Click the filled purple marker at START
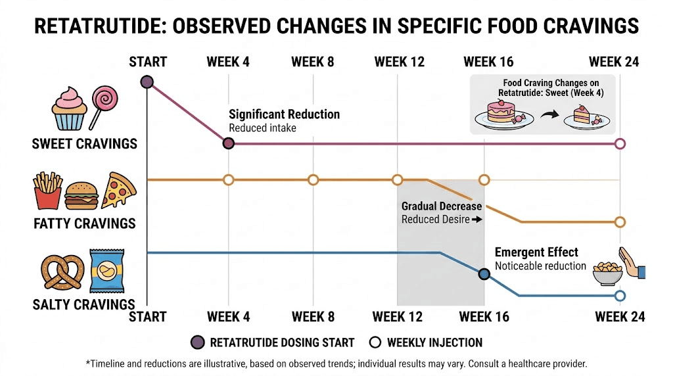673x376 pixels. [147, 82]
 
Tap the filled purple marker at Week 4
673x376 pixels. [228, 143]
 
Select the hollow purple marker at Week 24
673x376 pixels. [619, 143]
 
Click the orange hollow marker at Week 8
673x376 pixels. [313, 179]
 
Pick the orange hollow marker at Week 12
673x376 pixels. [397, 179]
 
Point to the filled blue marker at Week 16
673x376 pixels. [484, 274]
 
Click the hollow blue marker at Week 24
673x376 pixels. [619, 296]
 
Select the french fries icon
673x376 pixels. [47, 191]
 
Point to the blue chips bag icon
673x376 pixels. [104, 271]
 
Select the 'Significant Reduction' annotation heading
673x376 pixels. [284, 114]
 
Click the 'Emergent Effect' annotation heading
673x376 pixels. [536, 252]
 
